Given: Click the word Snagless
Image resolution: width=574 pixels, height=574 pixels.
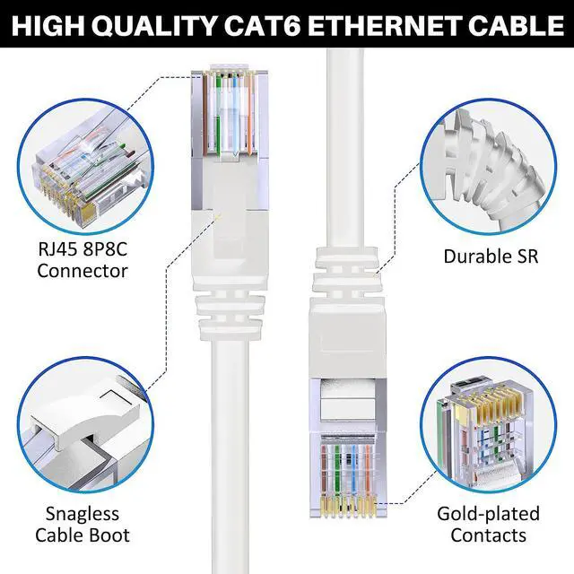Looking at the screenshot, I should [82, 514].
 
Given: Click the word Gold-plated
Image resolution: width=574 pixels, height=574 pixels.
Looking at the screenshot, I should [488, 514].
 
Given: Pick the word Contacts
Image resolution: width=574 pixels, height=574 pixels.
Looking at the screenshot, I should [488, 535].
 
